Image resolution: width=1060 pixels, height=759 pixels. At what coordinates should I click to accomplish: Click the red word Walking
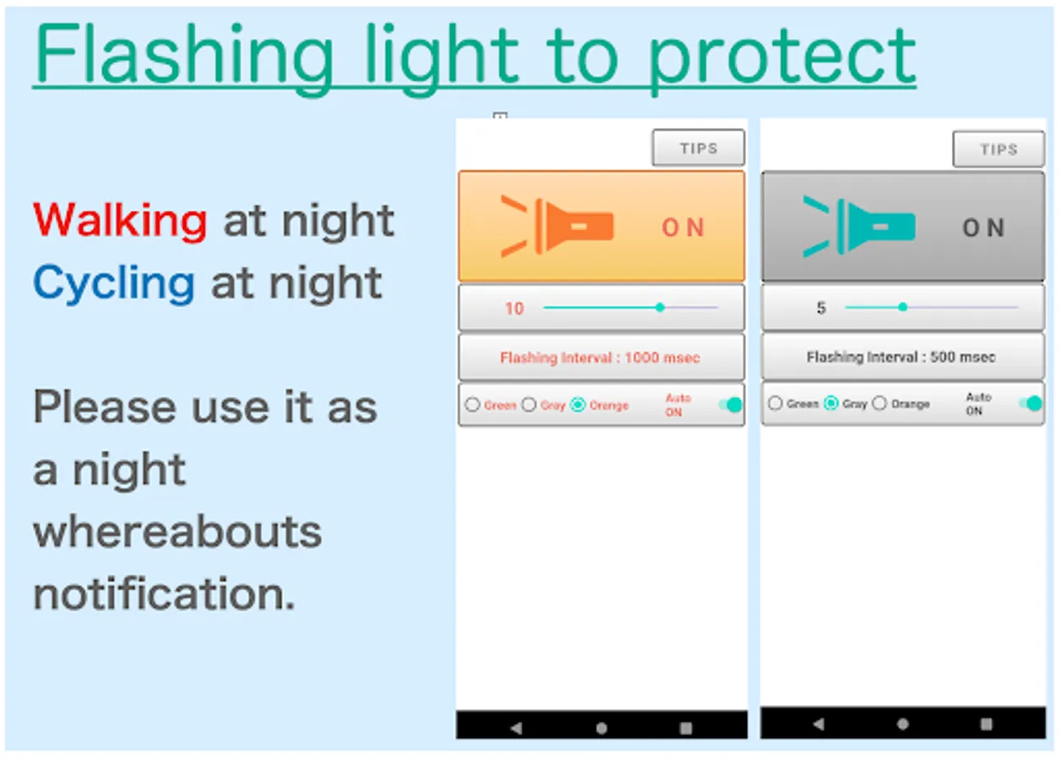pyautogui.click(x=120, y=220)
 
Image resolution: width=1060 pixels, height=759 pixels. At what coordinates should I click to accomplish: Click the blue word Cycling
pyautogui.click(x=114, y=283)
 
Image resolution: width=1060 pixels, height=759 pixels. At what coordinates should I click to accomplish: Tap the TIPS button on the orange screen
pyautogui.click(x=698, y=148)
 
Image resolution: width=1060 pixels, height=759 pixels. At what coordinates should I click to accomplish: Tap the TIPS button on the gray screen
pyautogui.click(x=998, y=149)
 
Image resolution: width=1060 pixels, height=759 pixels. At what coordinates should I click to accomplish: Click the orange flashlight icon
pyautogui.click(x=557, y=227)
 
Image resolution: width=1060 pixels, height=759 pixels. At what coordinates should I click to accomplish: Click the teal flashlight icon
pyautogui.click(x=859, y=227)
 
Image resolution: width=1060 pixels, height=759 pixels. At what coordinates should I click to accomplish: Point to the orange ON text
pyautogui.click(x=683, y=228)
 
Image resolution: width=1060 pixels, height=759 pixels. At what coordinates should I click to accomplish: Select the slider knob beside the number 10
pyautogui.click(x=660, y=307)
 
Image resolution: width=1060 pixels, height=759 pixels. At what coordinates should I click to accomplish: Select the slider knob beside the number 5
pyautogui.click(x=903, y=307)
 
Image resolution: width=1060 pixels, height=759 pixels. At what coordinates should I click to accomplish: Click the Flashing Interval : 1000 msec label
pyautogui.click(x=600, y=358)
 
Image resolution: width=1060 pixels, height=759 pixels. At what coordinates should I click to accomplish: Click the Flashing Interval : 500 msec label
pyautogui.click(x=901, y=357)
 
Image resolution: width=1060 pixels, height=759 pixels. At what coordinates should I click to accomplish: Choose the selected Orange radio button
pyautogui.click(x=578, y=405)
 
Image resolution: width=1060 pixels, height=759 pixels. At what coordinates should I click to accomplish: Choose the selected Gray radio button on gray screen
pyautogui.click(x=831, y=403)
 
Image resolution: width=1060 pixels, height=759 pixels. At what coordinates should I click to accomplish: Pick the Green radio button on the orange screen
pyautogui.click(x=473, y=405)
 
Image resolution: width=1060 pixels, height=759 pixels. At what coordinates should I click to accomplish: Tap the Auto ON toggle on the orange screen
pyautogui.click(x=731, y=405)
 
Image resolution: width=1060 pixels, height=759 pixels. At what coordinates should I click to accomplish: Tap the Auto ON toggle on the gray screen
pyautogui.click(x=1030, y=403)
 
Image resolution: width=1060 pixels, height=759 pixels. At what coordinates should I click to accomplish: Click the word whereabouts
pyautogui.click(x=177, y=531)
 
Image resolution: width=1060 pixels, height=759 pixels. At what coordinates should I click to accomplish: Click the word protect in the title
pyautogui.click(x=781, y=57)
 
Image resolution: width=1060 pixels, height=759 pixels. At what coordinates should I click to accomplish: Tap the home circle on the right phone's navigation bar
pyautogui.click(x=903, y=724)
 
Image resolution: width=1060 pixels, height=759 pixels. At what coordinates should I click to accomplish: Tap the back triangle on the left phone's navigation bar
pyautogui.click(x=516, y=728)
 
